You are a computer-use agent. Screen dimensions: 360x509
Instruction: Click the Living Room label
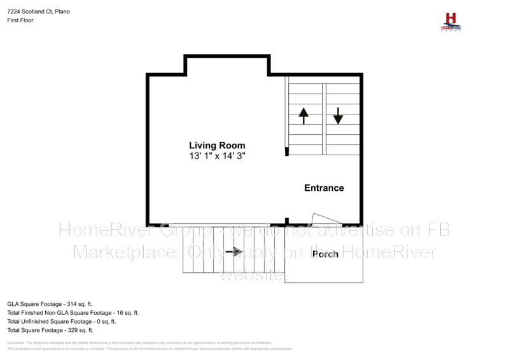coord(216,146)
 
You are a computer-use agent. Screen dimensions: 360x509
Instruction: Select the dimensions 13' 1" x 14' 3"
coord(216,156)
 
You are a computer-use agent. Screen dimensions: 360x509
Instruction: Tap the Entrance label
coord(324,188)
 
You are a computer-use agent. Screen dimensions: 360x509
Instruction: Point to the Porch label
coord(324,254)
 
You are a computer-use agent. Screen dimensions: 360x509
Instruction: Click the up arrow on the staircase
coord(303,115)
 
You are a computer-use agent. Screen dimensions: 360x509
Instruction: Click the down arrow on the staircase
coord(338,115)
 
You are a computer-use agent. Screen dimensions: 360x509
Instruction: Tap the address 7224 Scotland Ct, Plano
coord(39,11)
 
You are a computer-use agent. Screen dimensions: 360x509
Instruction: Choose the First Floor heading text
coord(20,20)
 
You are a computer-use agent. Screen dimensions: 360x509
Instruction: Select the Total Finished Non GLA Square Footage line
coord(73,313)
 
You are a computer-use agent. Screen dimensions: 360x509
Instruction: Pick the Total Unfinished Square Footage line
coord(61,322)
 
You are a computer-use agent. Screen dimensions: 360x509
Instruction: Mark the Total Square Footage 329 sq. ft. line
coord(50,330)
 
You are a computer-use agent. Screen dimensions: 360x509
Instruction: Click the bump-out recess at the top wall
coord(227,65)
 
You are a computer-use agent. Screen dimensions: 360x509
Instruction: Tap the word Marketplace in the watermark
coord(125,253)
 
